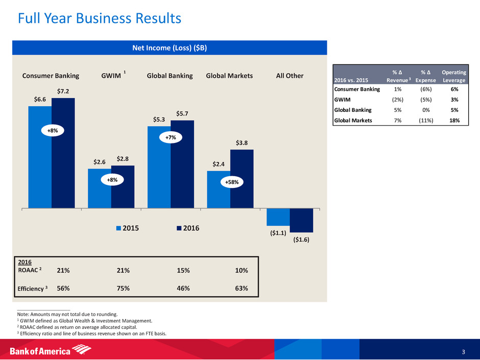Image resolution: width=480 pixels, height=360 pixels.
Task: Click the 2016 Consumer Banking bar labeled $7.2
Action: pyautogui.click(x=63, y=153)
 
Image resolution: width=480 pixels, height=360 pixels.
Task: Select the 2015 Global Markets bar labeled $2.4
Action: pyautogui.click(x=219, y=189)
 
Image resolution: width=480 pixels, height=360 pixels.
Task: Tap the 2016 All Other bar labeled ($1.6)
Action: pyautogui.click(x=301, y=220)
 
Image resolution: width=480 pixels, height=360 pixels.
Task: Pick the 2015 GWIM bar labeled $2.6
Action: pyautogui.click(x=99, y=188)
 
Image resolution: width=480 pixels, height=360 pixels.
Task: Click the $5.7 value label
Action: pyautogui.click(x=182, y=113)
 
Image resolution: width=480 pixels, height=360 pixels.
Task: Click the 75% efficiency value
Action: pyautogui.click(x=123, y=288)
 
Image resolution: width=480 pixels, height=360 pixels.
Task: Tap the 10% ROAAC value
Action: pyautogui.click(x=241, y=270)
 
